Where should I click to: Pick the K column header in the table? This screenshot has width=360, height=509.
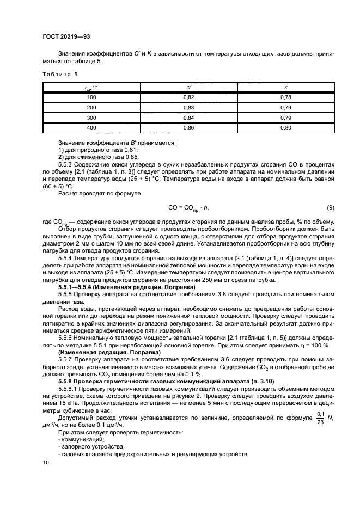tap(285, 87)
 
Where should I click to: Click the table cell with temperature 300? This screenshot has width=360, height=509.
tap(91, 118)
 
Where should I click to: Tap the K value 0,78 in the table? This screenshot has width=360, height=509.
tap(285, 97)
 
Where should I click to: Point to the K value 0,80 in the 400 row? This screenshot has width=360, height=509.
tap(285, 128)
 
